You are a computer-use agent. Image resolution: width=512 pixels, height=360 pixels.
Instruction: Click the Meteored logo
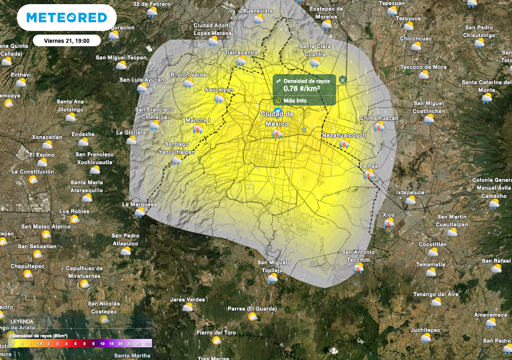(x=66, y=18)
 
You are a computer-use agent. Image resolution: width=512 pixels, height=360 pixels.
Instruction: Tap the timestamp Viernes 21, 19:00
(x=66, y=40)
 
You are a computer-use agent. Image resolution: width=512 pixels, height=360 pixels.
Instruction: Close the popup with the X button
(x=342, y=80)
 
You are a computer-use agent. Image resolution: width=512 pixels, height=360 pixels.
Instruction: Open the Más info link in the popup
(x=294, y=100)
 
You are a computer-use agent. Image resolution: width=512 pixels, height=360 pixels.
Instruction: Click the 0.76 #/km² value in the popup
(x=301, y=89)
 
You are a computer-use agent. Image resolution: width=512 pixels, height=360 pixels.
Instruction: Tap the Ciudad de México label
(x=277, y=118)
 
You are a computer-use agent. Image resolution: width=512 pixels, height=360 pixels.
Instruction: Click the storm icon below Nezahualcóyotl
(x=344, y=144)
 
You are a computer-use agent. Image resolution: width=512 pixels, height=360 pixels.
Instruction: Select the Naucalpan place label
(x=219, y=89)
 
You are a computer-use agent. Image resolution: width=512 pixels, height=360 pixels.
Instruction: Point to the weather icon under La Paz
(x=369, y=174)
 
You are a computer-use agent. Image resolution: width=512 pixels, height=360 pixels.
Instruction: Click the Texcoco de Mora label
(x=423, y=67)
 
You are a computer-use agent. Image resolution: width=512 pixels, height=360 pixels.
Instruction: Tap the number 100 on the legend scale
(x=147, y=344)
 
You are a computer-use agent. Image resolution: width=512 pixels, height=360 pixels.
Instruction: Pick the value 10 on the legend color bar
(x=102, y=344)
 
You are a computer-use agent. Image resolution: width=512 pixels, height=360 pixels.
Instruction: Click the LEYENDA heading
(x=22, y=321)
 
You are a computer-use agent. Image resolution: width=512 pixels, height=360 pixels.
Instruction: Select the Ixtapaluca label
(x=410, y=191)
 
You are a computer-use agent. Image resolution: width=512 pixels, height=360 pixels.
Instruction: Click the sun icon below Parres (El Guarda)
(x=252, y=317)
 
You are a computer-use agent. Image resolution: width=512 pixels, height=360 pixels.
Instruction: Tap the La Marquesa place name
(x=139, y=204)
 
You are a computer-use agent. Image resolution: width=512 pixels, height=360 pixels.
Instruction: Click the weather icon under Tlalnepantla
(x=241, y=61)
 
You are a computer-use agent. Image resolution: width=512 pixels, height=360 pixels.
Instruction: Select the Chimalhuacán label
(x=379, y=118)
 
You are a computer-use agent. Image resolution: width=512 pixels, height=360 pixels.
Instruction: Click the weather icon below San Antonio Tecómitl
(x=358, y=268)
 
